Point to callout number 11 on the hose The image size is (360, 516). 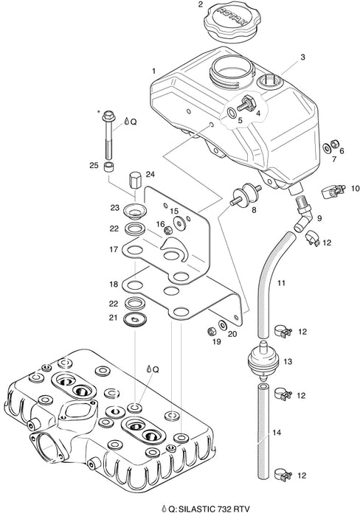(280, 283)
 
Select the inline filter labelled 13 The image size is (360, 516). (263, 360)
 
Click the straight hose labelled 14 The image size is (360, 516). (263, 431)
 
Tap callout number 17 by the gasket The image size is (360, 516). (114, 250)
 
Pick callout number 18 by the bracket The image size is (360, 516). (114, 284)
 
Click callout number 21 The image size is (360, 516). (114, 317)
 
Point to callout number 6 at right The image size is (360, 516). (342, 150)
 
